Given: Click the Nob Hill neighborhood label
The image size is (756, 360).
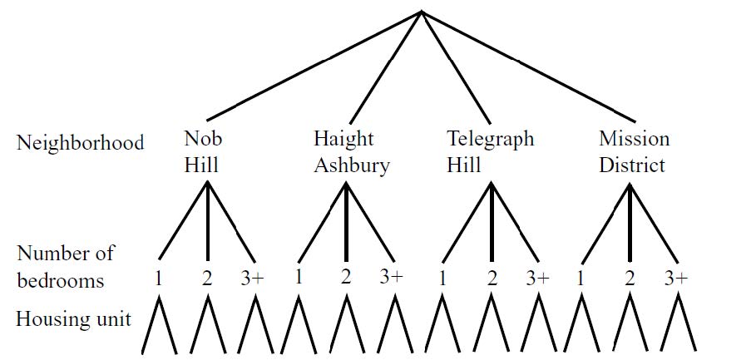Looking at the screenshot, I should (x=201, y=151).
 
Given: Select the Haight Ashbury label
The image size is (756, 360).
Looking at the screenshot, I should (x=351, y=151).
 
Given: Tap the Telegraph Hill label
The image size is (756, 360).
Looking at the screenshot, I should (x=490, y=151).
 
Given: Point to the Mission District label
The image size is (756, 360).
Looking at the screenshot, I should (x=633, y=151).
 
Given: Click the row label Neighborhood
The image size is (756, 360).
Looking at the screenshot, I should (x=80, y=142).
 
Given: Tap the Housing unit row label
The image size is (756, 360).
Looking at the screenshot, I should (x=73, y=318).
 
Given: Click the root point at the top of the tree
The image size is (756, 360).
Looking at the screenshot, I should (x=422, y=12).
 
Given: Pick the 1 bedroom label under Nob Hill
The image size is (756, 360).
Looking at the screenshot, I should (x=158, y=279).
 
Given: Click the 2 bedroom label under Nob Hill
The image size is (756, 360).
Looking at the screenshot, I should (x=207, y=279).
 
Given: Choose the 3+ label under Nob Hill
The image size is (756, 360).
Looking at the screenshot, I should (x=252, y=279).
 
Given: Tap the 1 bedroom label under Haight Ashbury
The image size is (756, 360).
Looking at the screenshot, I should (x=299, y=277).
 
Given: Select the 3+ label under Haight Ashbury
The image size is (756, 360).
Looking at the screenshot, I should (x=391, y=277).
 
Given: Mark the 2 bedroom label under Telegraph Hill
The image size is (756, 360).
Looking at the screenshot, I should (x=492, y=279).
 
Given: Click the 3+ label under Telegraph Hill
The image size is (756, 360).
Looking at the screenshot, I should (x=537, y=279).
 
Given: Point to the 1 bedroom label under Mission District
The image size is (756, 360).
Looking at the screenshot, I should (x=581, y=279).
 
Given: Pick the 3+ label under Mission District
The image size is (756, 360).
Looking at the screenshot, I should (x=676, y=279).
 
